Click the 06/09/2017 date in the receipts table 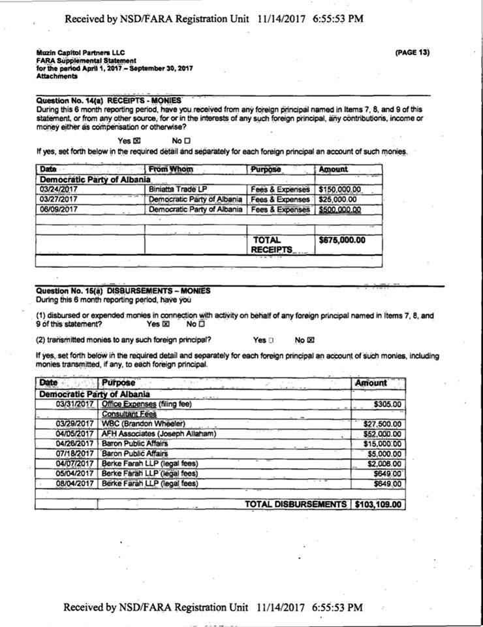(x=59, y=210)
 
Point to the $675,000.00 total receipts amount (x=342, y=240)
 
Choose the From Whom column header (x=171, y=169)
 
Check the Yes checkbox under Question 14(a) (x=137, y=140)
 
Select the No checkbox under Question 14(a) (x=187, y=140)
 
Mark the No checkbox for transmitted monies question (x=311, y=340)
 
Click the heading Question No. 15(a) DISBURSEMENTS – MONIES (x=123, y=290)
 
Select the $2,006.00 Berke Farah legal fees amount (x=384, y=464)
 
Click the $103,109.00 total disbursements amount (x=378, y=504)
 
